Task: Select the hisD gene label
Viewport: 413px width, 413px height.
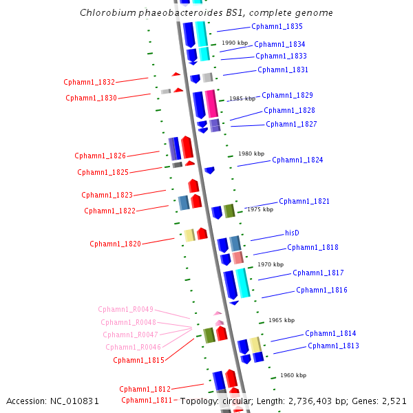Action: click(292, 233)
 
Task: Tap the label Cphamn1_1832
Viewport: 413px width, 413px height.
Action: click(89, 82)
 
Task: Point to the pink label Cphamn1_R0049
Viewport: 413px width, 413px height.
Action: click(125, 310)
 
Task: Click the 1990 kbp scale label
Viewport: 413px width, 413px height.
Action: click(235, 43)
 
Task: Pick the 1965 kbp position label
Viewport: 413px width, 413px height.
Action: click(282, 320)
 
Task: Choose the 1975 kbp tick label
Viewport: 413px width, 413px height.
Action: click(260, 209)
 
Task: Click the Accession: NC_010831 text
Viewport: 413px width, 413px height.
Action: click(53, 401)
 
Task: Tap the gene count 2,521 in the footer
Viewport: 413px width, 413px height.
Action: click(394, 401)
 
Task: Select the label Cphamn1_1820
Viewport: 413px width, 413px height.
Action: click(115, 244)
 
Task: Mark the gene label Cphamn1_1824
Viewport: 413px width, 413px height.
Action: click(297, 160)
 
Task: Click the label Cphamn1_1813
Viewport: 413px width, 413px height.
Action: click(333, 346)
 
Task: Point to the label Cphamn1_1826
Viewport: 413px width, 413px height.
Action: click(100, 156)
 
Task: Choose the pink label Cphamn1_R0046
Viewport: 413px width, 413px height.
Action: click(133, 348)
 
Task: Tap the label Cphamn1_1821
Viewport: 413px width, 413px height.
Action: click(304, 202)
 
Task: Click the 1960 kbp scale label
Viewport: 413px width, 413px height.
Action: click(293, 375)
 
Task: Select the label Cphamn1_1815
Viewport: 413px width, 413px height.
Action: click(138, 360)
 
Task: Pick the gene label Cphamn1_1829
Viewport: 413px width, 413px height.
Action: click(287, 96)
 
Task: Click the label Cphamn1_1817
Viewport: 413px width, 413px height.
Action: click(318, 273)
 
